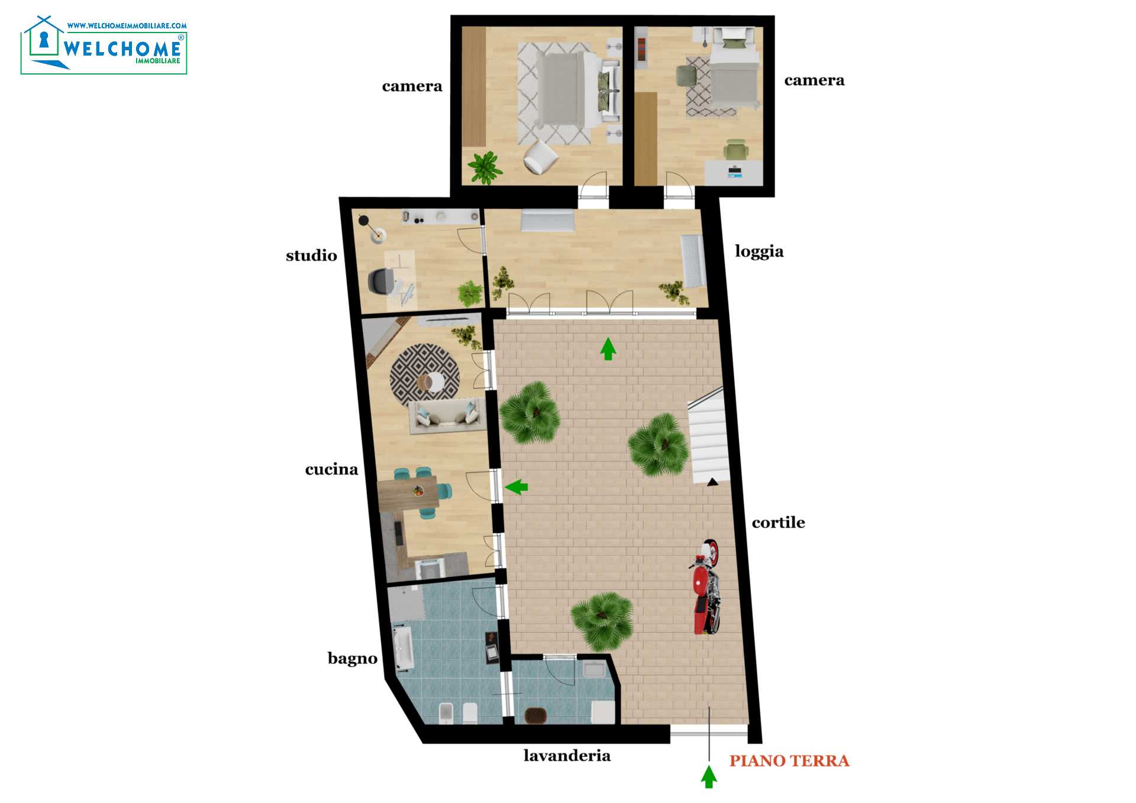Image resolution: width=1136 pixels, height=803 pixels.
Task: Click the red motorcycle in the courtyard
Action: point(706,587)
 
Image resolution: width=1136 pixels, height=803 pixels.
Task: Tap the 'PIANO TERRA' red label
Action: point(789,761)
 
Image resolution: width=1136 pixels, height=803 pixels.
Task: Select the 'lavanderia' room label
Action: point(567,756)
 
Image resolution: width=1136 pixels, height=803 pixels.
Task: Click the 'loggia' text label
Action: point(759,252)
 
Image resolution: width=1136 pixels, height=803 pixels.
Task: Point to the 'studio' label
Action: point(311,255)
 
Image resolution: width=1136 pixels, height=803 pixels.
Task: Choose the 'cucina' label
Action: point(331,470)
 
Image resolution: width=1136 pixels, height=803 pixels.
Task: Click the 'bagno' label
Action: point(353,659)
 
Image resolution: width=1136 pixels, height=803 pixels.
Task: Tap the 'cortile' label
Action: point(778,523)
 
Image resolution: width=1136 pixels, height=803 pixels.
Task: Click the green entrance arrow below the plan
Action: point(709,776)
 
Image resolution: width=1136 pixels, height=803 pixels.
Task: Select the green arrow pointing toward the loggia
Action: point(608,349)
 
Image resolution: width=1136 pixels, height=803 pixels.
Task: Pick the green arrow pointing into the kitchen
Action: point(516,487)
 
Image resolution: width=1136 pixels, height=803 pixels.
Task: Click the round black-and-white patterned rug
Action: point(425,375)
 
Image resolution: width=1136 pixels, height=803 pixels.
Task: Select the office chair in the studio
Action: point(382,281)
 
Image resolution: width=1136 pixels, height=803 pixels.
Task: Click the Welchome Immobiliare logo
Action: point(104,45)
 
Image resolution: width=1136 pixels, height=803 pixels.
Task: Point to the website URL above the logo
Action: point(127,26)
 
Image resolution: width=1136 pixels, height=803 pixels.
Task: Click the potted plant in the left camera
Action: point(485,167)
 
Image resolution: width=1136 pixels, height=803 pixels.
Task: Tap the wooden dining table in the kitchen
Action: point(408,493)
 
